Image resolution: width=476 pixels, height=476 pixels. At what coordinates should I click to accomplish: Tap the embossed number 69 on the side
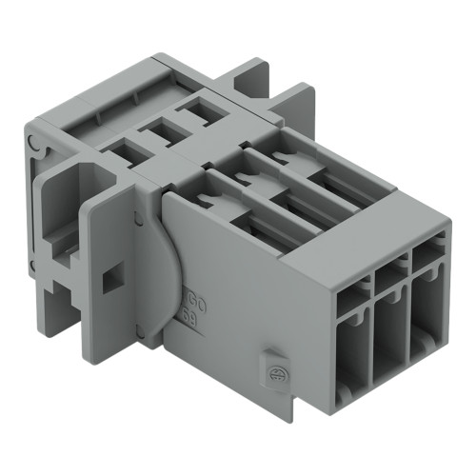[x=190, y=328]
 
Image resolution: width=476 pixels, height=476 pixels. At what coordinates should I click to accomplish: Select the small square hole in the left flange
[x=110, y=278]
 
